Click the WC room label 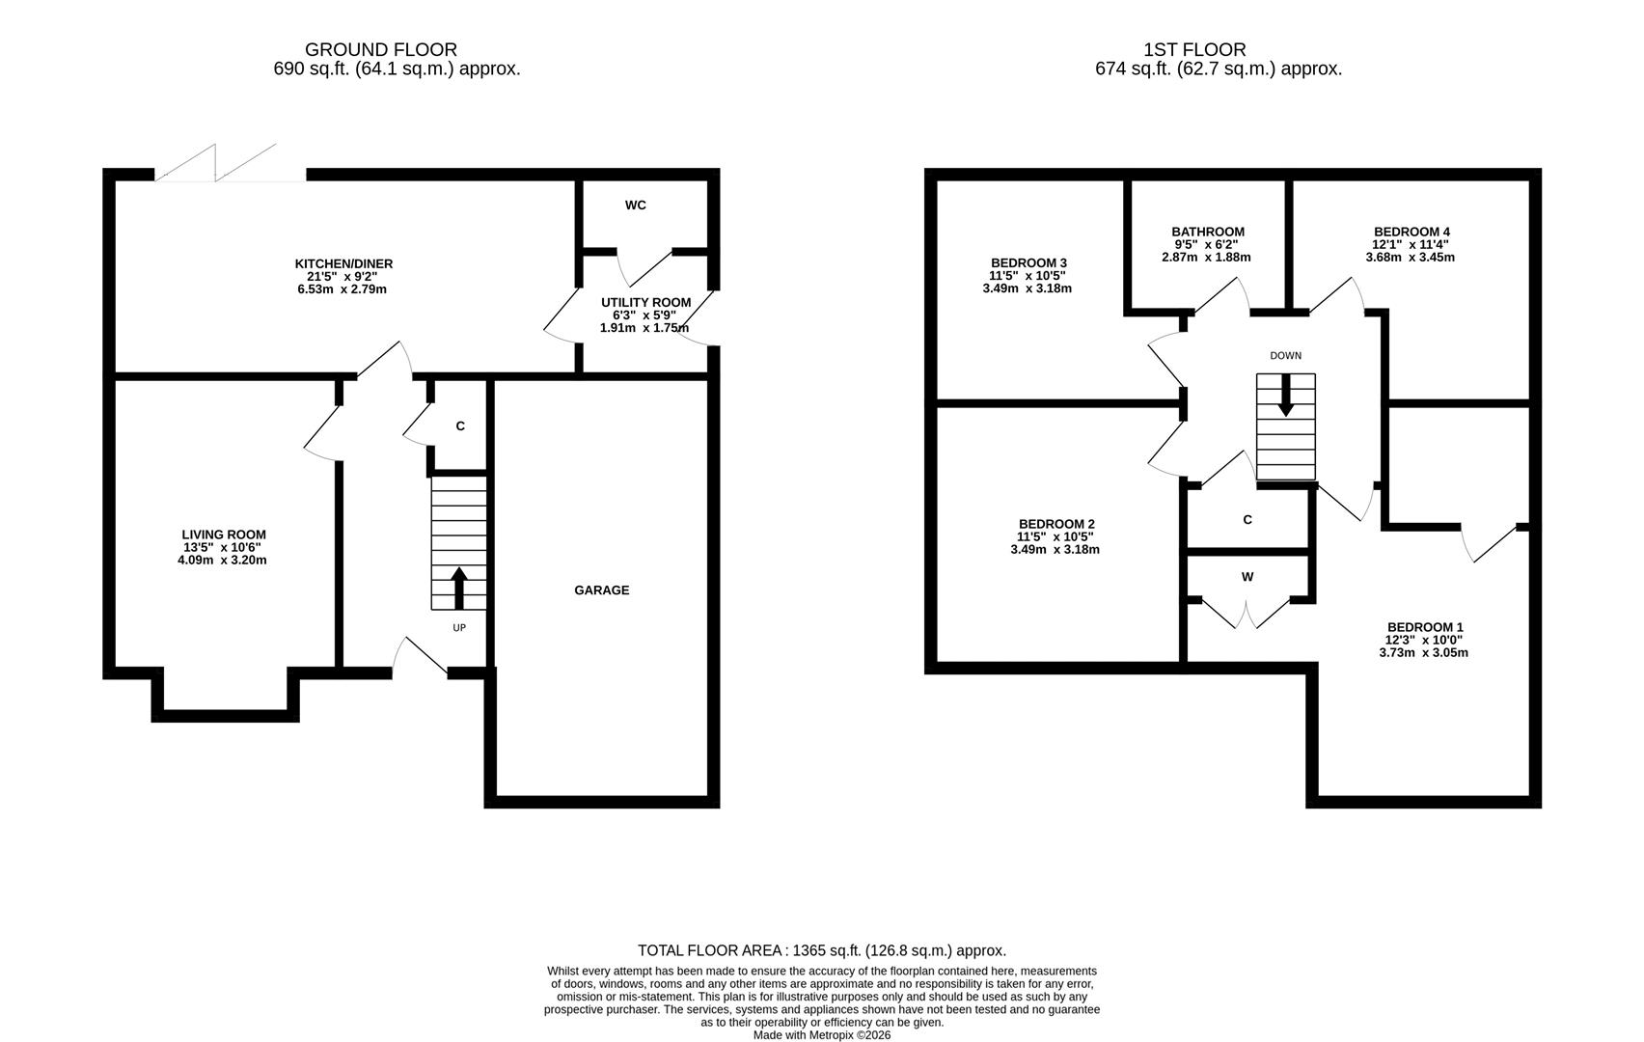click(x=636, y=206)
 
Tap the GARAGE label click(x=602, y=590)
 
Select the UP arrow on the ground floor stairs click(x=458, y=588)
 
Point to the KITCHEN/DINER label click(x=343, y=263)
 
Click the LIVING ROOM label click(x=224, y=535)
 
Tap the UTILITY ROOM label click(x=645, y=302)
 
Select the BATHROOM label click(x=1208, y=232)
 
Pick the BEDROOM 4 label click(x=1411, y=232)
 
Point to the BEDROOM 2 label click(x=1056, y=524)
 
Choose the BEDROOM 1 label click(x=1425, y=627)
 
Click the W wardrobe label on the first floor click(x=1247, y=578)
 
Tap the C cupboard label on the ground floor click(x=460, y=426)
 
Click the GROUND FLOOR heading click(x=381, y=50)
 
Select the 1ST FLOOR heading click(x=1194, y=50)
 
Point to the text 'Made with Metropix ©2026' click(x=822, y=1035)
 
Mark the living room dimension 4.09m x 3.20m click(x=222, y=561)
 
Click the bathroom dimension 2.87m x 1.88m click(x=1206, y=258)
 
